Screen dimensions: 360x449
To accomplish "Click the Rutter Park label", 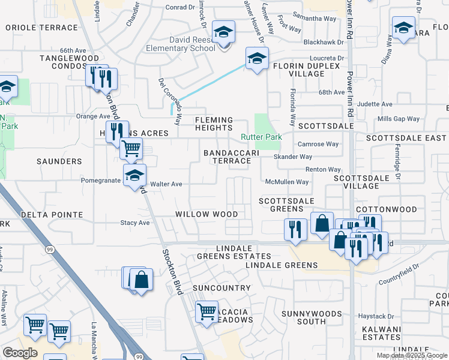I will (x=261, y=137).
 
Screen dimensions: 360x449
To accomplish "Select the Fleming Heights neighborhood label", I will (x=214, y=124).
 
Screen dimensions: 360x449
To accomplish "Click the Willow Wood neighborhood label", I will (x=206, y=214).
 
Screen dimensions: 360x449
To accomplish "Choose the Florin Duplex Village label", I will (x=298, y=70).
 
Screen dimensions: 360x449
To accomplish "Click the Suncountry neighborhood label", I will (x=221, y=288).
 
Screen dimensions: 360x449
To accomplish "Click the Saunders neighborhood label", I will (x=59, y=161).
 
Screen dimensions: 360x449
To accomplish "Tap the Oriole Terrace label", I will (x=41, y=28).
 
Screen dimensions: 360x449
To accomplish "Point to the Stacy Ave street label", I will (x=135, y=223).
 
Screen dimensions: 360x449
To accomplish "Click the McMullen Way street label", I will (x=288, y=182).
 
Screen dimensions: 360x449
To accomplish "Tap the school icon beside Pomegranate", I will (x=134, y=175).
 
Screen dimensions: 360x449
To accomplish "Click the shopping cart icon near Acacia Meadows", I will (x=206, y=311).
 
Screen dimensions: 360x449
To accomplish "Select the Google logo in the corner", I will (x=20, y=353).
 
